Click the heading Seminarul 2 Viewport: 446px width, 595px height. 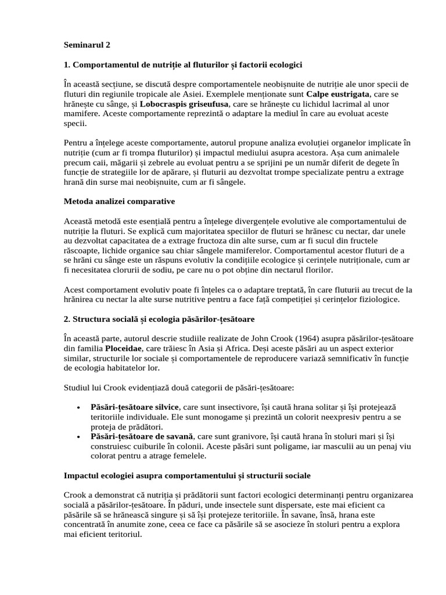point(86,44)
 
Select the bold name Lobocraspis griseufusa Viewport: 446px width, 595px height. point(177,103)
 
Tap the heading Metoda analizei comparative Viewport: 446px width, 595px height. point(118,201)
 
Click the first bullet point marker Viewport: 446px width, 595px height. point(78,407)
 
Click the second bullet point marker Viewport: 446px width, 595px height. point(78,436)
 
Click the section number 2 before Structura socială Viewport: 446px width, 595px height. point(66,319)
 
